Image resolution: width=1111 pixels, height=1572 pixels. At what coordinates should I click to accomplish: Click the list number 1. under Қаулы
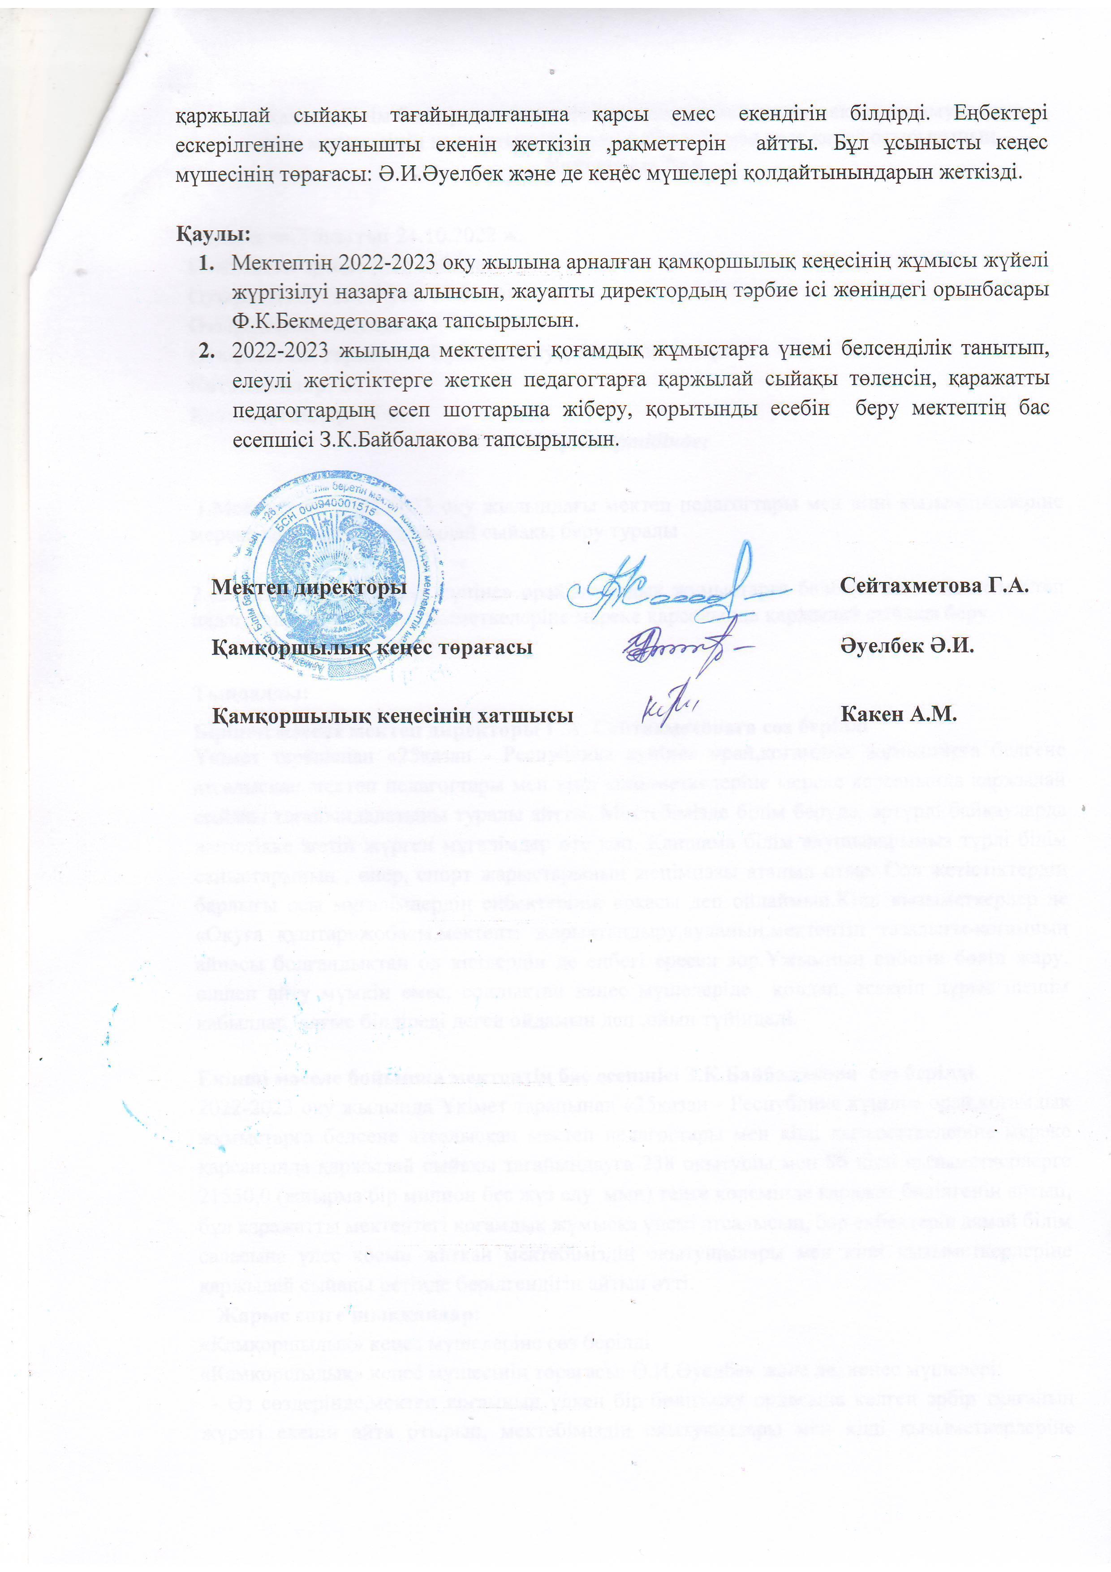tap(206, 262)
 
